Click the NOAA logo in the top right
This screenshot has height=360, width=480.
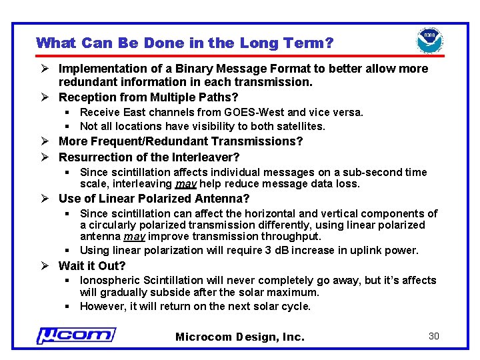pyautogui.click(x=430, y=41)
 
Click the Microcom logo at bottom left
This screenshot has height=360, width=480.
pyautogui.click(x=75, y=335)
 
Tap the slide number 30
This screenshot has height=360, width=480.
pyautogui.click(x=433, y=336)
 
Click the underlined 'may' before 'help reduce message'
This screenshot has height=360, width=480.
pyautogui.click(x=186, y=184)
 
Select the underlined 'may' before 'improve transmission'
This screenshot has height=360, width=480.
pyautogui.click(x=135, y=237)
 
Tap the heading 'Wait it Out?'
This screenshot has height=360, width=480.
pyautogui.click(x=93, y=265)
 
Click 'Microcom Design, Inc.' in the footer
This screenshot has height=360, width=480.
pyautogui.click(x=239, y=337)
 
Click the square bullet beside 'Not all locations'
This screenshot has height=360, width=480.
pyautogui.click(x=68, y=127)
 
